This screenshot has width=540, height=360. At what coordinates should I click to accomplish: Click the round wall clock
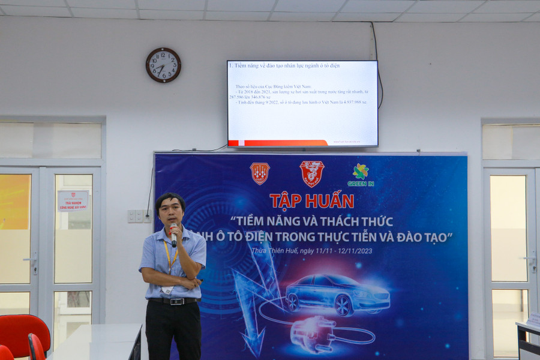pyautogui.click(x=163, y=65)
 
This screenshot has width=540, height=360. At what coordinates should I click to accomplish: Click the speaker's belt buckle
pyautogui.click(x=175, y=301)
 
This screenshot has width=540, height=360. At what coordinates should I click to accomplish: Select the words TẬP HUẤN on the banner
pyautogui.click(x=311, y=200)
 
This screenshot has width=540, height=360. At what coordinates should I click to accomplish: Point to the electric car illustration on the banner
pyautogui.click(x=338, y=293)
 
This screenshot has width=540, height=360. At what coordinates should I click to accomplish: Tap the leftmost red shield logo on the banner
pyautogui.click(x=260, y=173)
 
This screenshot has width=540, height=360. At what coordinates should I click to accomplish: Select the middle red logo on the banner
pyautogui.click(x=312, y=173)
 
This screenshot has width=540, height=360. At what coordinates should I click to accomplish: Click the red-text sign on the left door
pyautogui.click(x=73, y=200)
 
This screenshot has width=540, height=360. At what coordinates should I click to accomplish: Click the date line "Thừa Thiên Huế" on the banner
pyautogui.click(x=311, y=250)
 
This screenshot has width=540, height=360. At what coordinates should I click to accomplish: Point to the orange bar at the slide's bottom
pyautogui.click(x=277, y=143)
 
